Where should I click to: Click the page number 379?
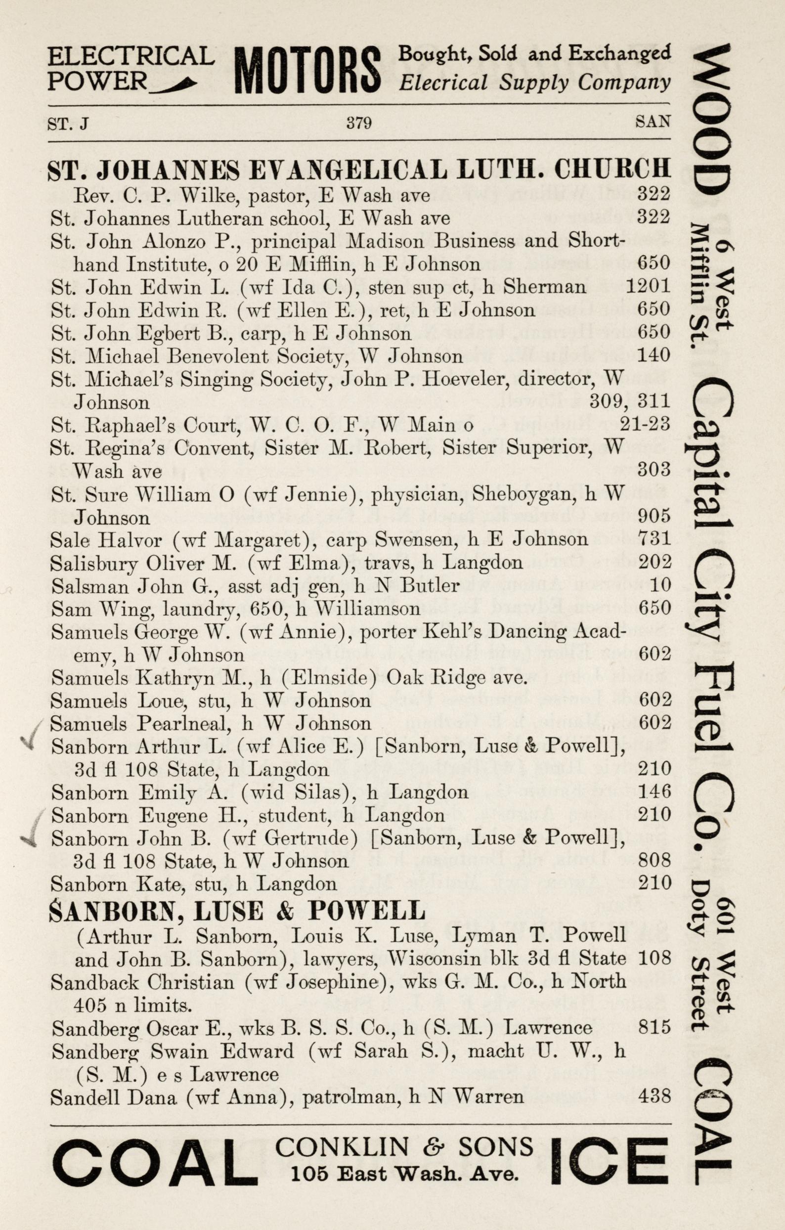358,123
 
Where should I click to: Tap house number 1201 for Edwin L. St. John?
648,287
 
